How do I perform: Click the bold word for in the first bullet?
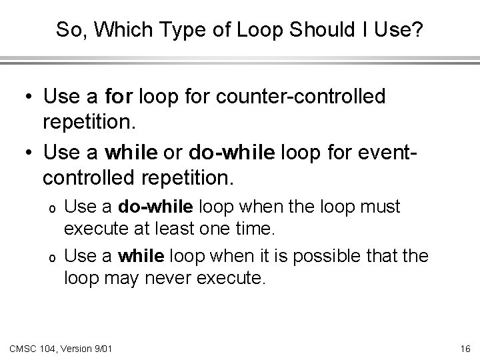pos(119,97)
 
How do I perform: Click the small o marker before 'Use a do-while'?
pos(51,209)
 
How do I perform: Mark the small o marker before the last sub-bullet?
pos(51,256)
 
